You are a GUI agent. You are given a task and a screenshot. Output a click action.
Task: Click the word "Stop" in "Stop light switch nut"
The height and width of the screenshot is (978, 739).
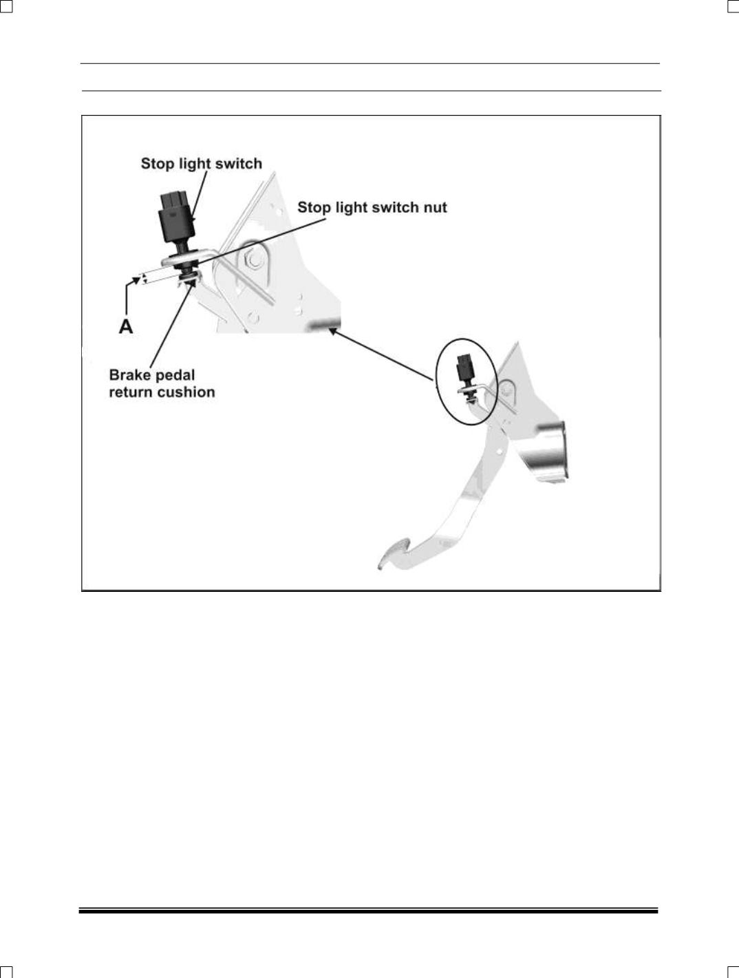pyautogui.click(x=312, y=207)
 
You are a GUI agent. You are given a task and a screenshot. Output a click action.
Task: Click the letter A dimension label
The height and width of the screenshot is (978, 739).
pyautogui.click(x=125, y=326)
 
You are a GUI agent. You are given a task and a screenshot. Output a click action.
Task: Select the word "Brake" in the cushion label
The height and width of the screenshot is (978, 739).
pyautogui.click(x=129, y=375)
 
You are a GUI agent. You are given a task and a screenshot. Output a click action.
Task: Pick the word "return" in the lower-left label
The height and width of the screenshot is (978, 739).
pyautogui.click(x=129, y=392)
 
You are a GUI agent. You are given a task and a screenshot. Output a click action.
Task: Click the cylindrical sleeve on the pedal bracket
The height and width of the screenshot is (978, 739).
pyautogui.click(x=550, y=454)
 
